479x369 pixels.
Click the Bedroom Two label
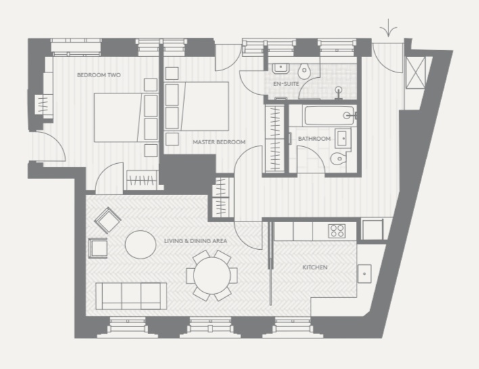click(99, 75)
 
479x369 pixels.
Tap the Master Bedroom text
click(219, 142)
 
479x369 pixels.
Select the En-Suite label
click(286, 84)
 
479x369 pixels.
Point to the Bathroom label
click(314, 139)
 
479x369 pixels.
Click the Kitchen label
click(315, 267)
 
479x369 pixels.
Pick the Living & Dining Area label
click(196, 241)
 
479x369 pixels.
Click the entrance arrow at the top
click(388, 28)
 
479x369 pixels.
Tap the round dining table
click(212, 276)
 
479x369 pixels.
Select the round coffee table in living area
click(141, 244)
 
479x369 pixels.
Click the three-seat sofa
click(131, 296)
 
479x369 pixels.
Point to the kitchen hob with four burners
click(337, 231)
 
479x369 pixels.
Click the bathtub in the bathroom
click(330, 116)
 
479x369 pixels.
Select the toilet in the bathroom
click(338, 158)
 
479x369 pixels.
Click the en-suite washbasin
click(281, 68)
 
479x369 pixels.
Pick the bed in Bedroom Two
click(126, 118)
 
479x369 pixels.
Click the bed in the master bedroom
click(197, 106)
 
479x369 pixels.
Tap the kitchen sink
click(365, 274)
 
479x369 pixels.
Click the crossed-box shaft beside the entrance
click(415, 72)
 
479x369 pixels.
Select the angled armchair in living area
click(108, 220)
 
